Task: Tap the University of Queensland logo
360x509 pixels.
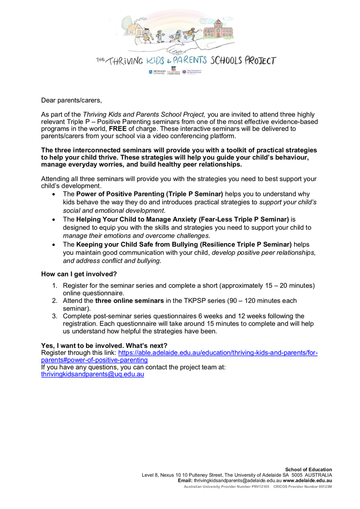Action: coord(191,72)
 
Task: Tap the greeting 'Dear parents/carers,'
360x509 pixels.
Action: coord(71,100)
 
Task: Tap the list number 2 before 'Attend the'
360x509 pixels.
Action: coord(55,301)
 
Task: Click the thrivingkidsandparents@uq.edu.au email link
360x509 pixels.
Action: coord(93,375)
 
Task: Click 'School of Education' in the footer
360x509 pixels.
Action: coord(309,470)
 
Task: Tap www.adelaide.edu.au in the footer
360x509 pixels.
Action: coord(307,481)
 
